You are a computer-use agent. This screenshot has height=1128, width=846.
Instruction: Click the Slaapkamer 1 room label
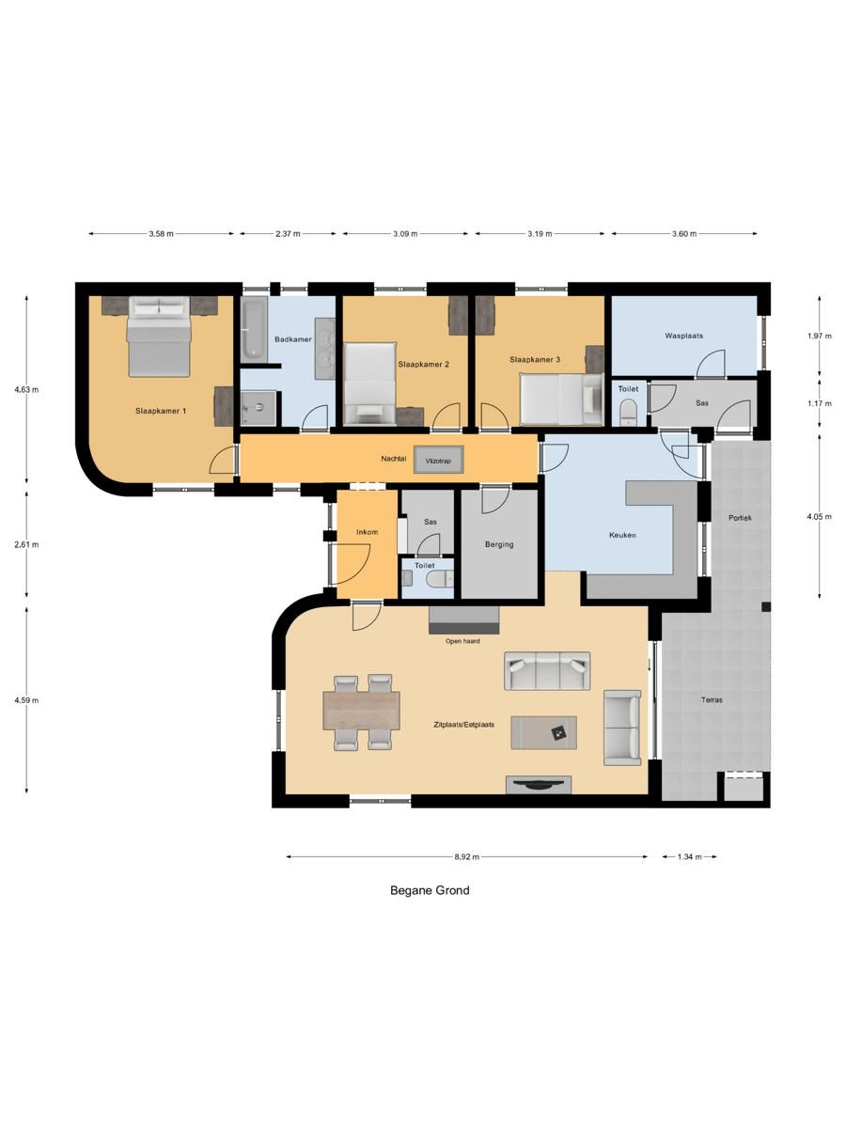point(161,411)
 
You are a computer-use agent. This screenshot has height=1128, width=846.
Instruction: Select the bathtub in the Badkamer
point(255,328)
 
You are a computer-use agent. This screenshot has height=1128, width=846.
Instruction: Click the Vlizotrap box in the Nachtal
point(438,461)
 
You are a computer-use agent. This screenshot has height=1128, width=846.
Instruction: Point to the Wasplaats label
point(683,336)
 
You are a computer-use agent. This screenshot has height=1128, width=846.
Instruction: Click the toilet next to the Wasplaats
point(629,410)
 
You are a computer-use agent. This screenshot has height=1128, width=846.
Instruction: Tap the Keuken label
point(622,535)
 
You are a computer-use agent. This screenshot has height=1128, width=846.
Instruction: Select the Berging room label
point(499,544)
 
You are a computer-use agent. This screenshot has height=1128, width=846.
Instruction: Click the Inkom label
point(367,532)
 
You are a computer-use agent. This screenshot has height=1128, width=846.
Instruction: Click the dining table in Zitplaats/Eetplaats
point(361,711)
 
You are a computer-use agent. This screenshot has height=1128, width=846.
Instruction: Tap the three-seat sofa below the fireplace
point(547,670)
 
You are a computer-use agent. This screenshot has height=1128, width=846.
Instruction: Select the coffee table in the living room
point(544,732)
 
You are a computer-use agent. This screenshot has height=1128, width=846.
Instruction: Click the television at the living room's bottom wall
point(539,785)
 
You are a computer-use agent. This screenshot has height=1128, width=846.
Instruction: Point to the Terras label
point(712,700)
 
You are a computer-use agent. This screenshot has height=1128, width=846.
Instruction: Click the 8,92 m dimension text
point(466,856)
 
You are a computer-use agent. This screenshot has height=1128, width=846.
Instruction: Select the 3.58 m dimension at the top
point(162,234)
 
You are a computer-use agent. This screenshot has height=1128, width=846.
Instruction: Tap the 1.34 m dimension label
point(689,856)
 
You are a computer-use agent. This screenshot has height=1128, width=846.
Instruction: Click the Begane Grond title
point(430,890)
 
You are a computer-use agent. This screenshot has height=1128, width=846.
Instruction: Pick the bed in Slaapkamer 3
point(559,396)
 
